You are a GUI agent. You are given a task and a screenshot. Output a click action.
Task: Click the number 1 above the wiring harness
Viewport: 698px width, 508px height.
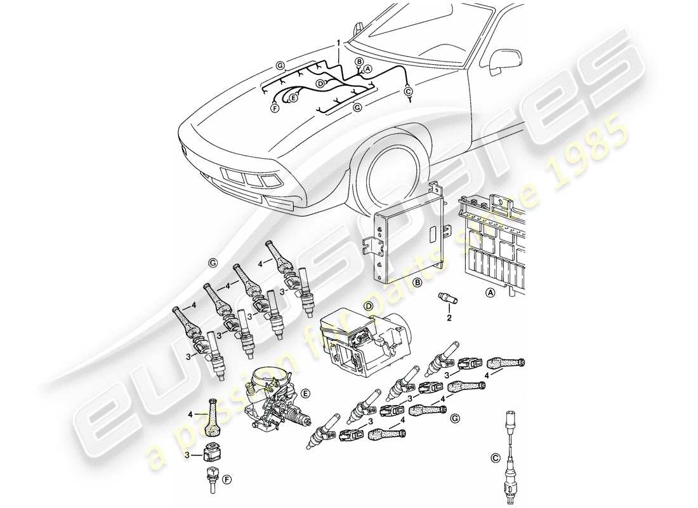point(339,43)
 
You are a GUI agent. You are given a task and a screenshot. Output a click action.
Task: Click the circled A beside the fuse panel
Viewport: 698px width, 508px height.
point(489,293)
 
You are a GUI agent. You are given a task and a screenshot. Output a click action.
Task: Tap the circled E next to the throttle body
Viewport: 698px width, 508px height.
point(306,394)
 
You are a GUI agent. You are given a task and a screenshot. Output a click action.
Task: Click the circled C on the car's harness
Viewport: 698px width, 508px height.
point(408,91)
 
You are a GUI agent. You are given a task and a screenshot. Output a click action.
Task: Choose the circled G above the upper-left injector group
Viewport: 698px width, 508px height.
point(211,262)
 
